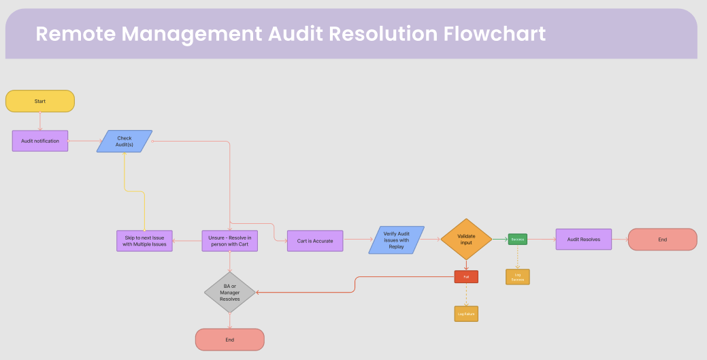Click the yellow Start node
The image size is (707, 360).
point(40,101)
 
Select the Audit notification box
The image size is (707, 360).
point(40,141)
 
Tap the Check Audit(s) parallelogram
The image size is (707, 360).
point(125,141)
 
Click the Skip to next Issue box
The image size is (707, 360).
point(145,241)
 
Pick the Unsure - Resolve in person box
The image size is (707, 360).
point(230,241)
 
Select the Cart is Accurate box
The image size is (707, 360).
point(315,241)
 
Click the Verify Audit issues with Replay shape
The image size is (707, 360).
point(397,240)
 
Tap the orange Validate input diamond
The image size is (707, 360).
point(466,239)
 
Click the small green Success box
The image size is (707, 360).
point(517,240)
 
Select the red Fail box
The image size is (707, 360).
point(466,276)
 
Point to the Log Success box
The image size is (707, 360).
point(518,277)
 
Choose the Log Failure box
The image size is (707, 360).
point(466,314)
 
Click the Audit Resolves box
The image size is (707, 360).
point(584,240)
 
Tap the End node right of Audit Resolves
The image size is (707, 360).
point(662,240)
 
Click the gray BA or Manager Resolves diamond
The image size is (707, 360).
point(230,293)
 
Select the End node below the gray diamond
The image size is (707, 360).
point(229,340)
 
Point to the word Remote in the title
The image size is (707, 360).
point(75,33)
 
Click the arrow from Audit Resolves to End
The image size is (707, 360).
point(619,240)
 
